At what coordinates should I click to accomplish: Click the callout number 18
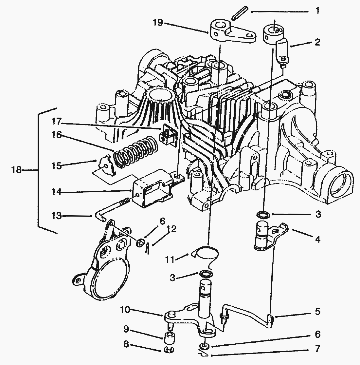click(x=16, y=170)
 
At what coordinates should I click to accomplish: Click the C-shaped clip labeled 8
click(x=169, y=350)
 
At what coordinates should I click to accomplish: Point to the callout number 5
click(x=317, y=311)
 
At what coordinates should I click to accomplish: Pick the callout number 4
click(x=317, y=240)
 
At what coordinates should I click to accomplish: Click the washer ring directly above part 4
click(x=264, y=215)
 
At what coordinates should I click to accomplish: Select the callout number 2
click(x=317, y=42)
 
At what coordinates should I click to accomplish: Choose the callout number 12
click(x=171, y=229)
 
